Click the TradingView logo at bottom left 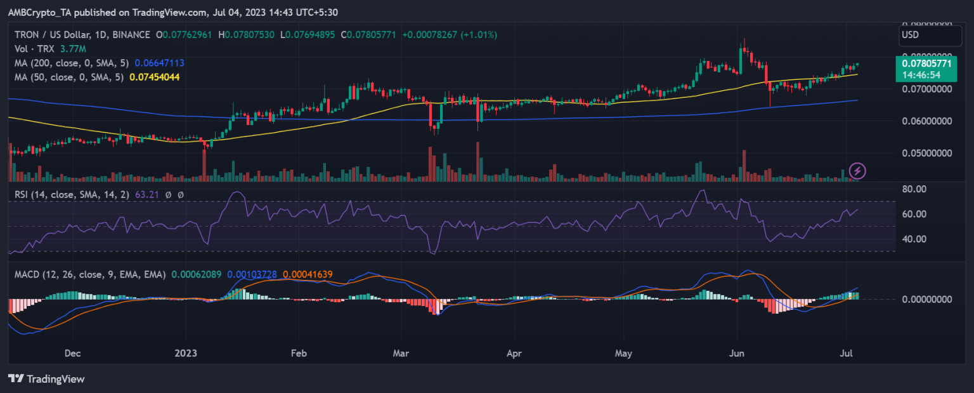tap(46, 378)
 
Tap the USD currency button tap(911, 35)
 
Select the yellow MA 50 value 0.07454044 tap(154, 77)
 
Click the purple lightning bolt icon tap(857, 170)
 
